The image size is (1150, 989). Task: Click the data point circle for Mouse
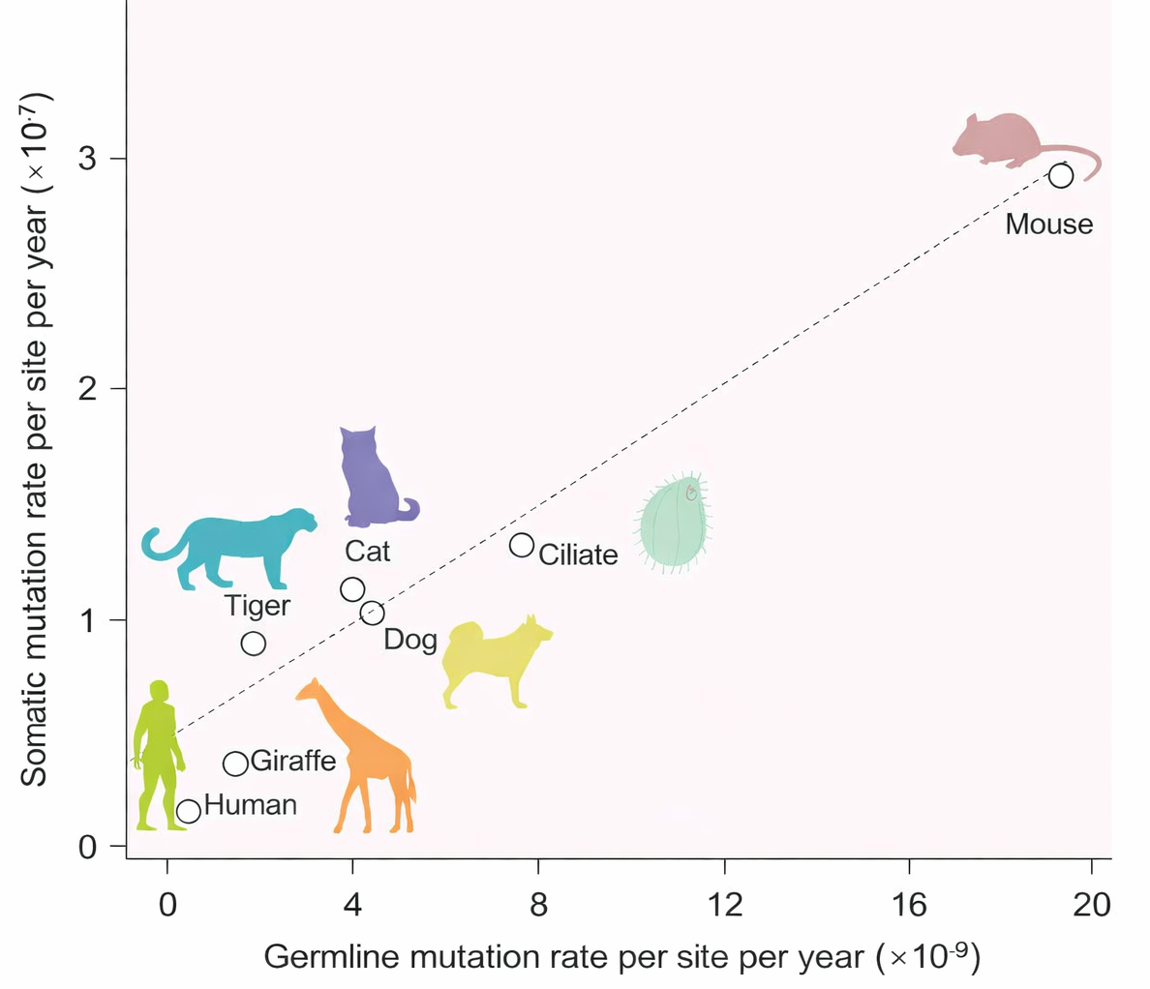coord(1061,175)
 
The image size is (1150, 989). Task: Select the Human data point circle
coord(189,811)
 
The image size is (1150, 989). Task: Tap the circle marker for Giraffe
coord(235,764)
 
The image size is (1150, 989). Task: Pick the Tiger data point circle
coord(253,644)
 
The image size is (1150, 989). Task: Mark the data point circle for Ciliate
coord(522,545)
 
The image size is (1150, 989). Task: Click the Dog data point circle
coord(372,613)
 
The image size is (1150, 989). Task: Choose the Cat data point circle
coord(352,589)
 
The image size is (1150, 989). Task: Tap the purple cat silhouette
coord(372,479)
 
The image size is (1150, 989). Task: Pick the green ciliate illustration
coord(675,523)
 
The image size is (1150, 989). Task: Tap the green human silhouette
coord(155,755)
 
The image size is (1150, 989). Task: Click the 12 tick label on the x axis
coord(724,905)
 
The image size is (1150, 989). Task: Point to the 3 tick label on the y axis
coord(88,159)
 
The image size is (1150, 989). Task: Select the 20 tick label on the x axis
coord(1091,905)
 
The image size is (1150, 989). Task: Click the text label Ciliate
coord(578,554)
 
